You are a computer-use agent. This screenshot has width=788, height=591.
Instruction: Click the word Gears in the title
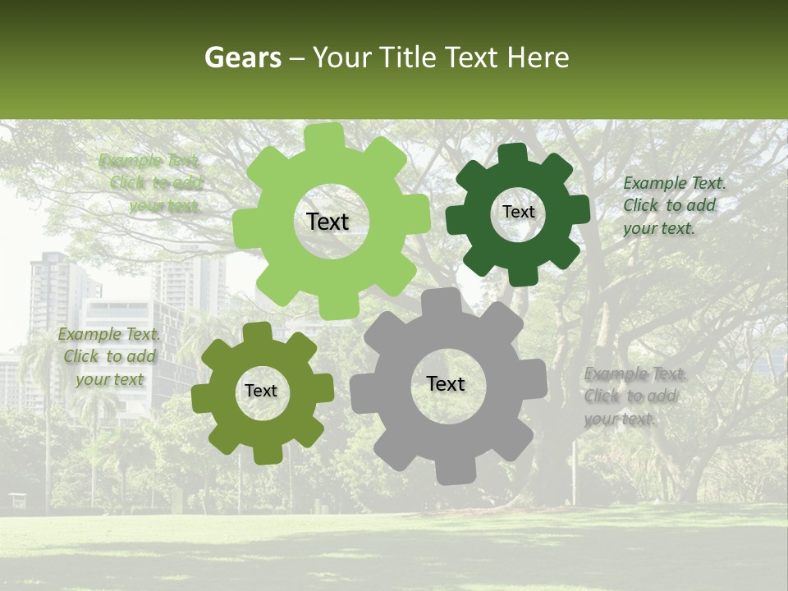click(x=241, y=57)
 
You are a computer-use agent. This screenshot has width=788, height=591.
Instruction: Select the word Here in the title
click(x=538, y=57)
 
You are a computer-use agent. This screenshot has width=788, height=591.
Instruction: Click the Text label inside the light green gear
click(x=328, y=222)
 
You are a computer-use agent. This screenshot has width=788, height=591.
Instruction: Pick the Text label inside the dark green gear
click(x=518, y=212)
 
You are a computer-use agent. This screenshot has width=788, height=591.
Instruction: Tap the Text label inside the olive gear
click(x=261, y=392)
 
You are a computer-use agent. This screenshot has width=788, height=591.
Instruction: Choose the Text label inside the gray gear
click(x=446, y=383)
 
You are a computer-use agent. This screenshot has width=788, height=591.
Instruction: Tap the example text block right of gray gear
click(x=635, y=396)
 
